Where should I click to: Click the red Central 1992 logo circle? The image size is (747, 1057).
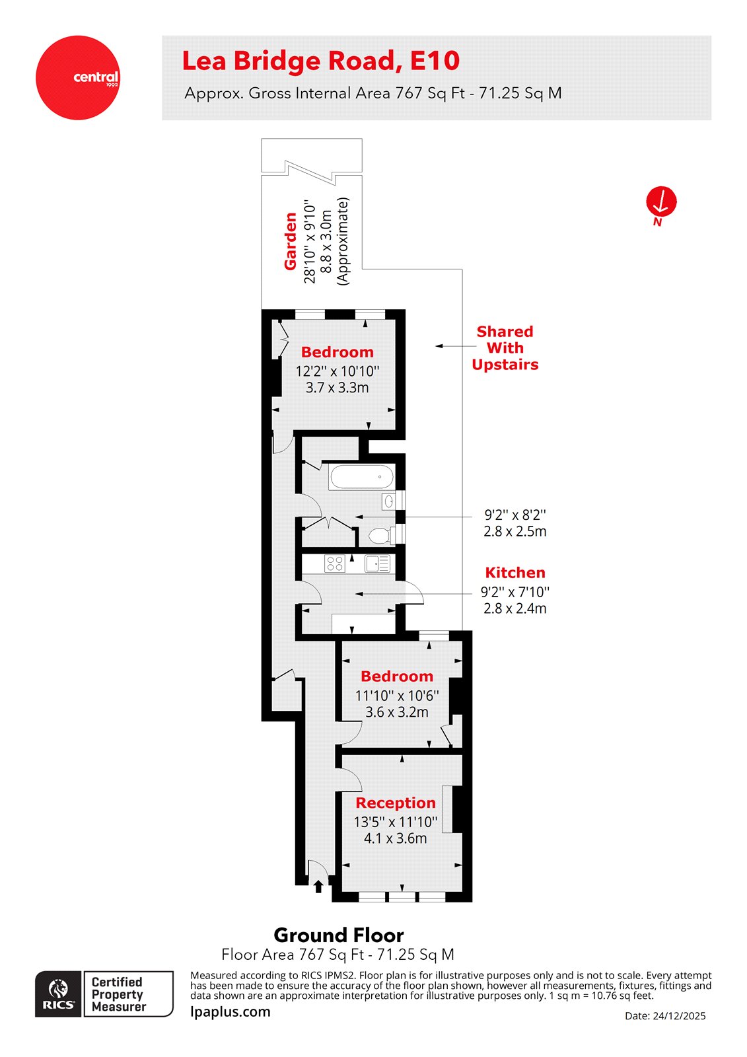coord(78,77)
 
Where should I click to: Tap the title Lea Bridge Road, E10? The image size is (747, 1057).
coord(320,61)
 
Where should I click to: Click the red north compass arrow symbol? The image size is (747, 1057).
coord(661,201)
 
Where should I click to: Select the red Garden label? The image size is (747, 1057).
coord(290,241)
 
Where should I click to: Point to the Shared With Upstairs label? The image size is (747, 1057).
coord(505,348)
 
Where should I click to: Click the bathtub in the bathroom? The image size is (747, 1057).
coord(362,477)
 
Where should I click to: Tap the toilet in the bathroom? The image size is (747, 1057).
coord(380,535)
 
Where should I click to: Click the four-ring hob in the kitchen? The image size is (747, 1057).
coord(335,564)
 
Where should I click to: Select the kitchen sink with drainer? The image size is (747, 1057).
coord(377,564)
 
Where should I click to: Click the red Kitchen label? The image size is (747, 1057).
coord(515,573)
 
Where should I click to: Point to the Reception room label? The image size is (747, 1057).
coord(396,803)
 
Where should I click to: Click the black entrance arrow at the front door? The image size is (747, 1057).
coord(318,887)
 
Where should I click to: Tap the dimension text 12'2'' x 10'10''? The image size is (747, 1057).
coord(337,371)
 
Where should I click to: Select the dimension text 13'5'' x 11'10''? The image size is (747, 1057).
coord(396,822)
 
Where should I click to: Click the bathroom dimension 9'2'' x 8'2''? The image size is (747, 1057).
coord(515,515)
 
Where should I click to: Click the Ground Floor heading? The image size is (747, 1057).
coord(339,935)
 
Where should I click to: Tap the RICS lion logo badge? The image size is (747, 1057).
coord(59,994)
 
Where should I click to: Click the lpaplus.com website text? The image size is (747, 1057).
coord(231,1011)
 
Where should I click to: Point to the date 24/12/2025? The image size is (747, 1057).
coord(665,1016)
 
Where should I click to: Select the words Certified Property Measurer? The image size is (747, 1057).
coord(119,994)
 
